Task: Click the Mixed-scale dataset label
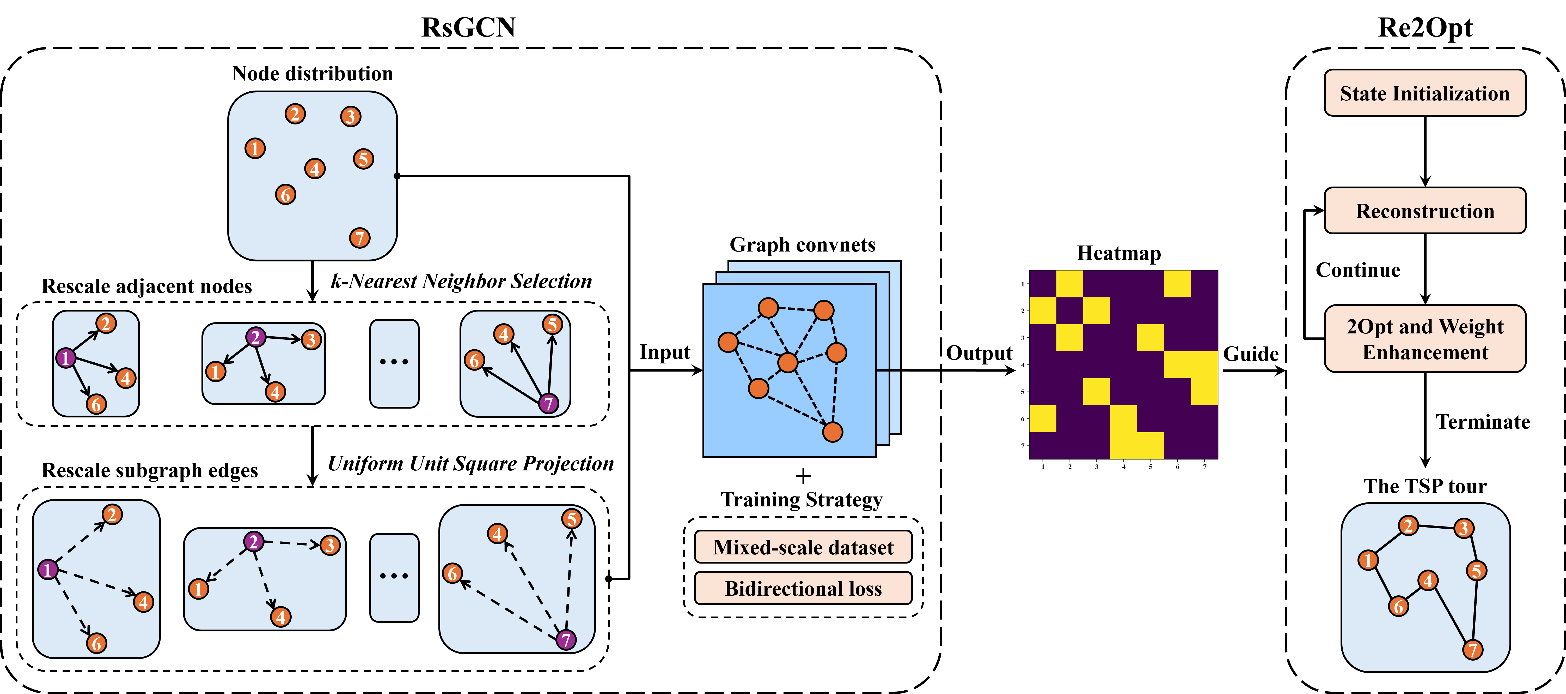[803, 547]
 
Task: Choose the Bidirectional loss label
[803, 588]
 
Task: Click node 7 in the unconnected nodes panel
[359, 238]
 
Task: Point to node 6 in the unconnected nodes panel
[285, 195]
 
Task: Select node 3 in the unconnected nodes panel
[350, 116]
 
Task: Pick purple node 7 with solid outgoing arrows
[548, 403]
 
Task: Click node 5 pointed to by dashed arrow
[571, 519]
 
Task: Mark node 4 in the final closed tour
[1428, 580]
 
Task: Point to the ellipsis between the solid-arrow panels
[394, 362]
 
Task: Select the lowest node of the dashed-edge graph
[832, 432]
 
